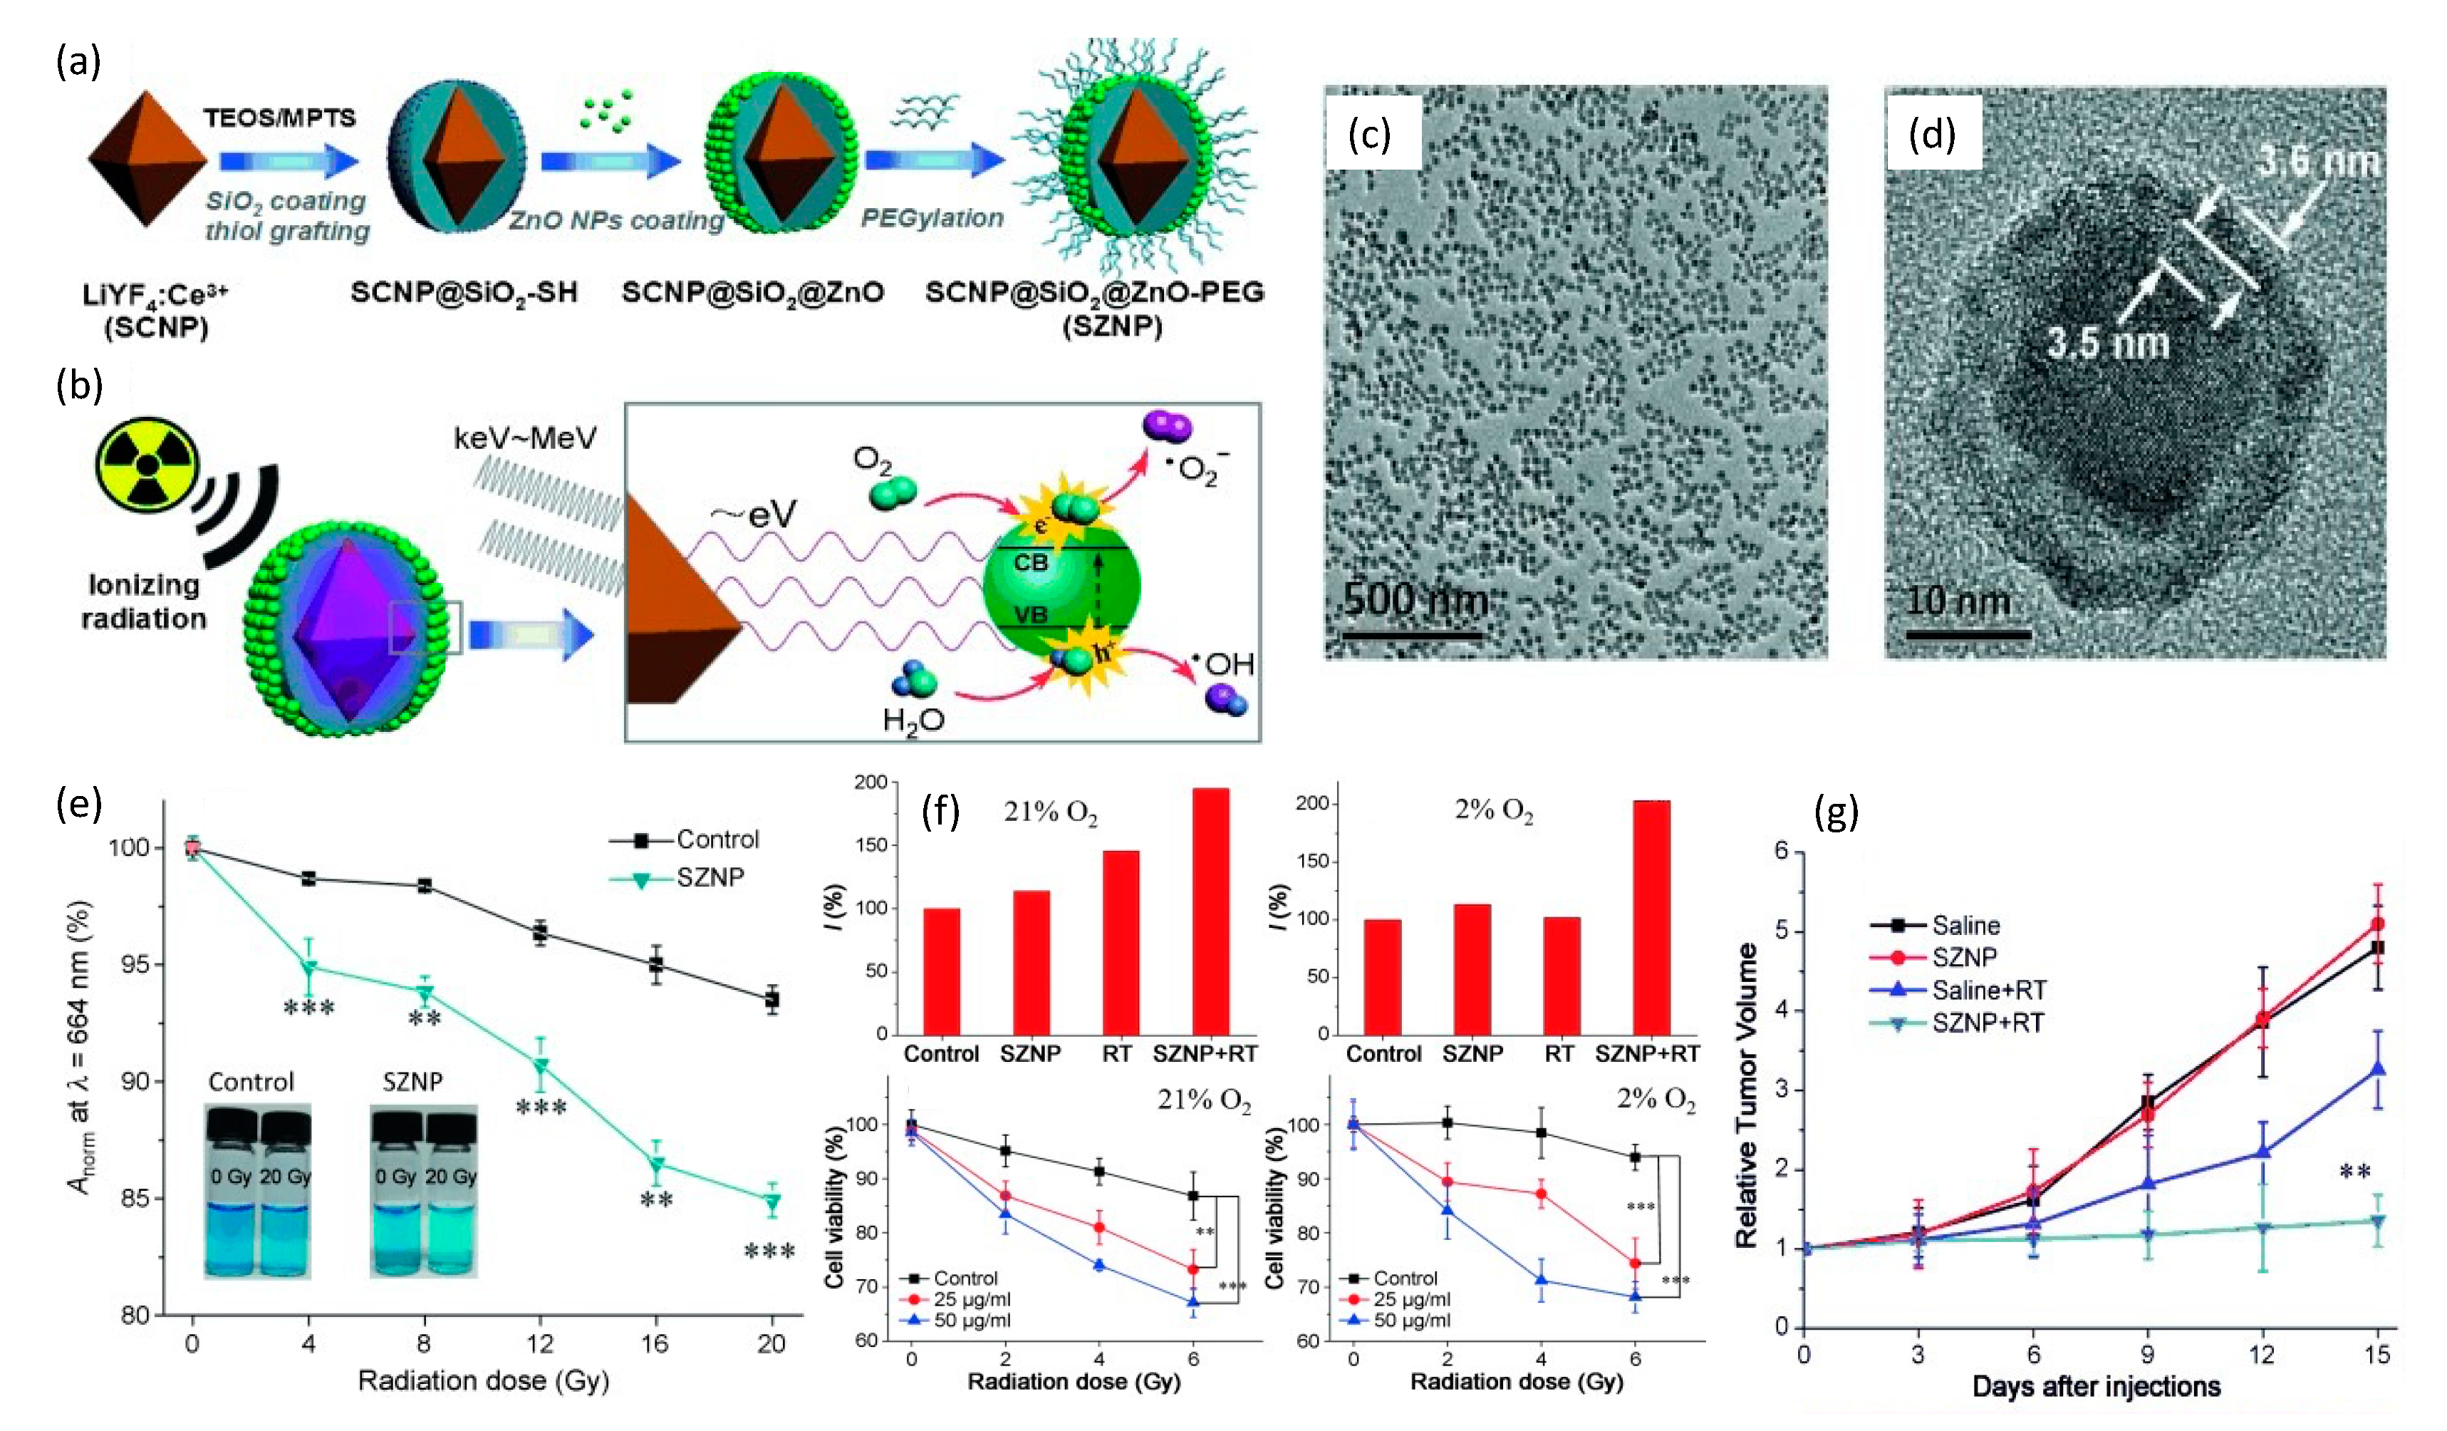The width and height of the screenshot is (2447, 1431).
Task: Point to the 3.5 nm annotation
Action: (2107, 343)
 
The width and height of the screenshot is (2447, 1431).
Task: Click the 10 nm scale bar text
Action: (1957, 600)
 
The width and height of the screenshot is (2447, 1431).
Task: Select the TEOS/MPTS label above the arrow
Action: (280, 118)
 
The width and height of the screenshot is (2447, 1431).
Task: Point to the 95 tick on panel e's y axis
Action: (134, 965)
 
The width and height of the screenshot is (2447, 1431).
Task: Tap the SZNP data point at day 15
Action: (2378, 924)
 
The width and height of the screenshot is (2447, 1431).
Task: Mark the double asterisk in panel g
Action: (2355, 1172)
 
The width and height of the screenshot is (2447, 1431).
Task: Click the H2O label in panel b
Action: (913, 720)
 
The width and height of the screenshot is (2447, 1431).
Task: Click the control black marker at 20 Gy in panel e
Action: (772, 998)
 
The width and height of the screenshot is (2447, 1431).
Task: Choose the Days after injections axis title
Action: (2096, 1385)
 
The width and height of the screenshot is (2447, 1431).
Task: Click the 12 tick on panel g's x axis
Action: (2262, 1353)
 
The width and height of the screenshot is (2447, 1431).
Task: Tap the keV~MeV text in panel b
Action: (524, 438)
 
